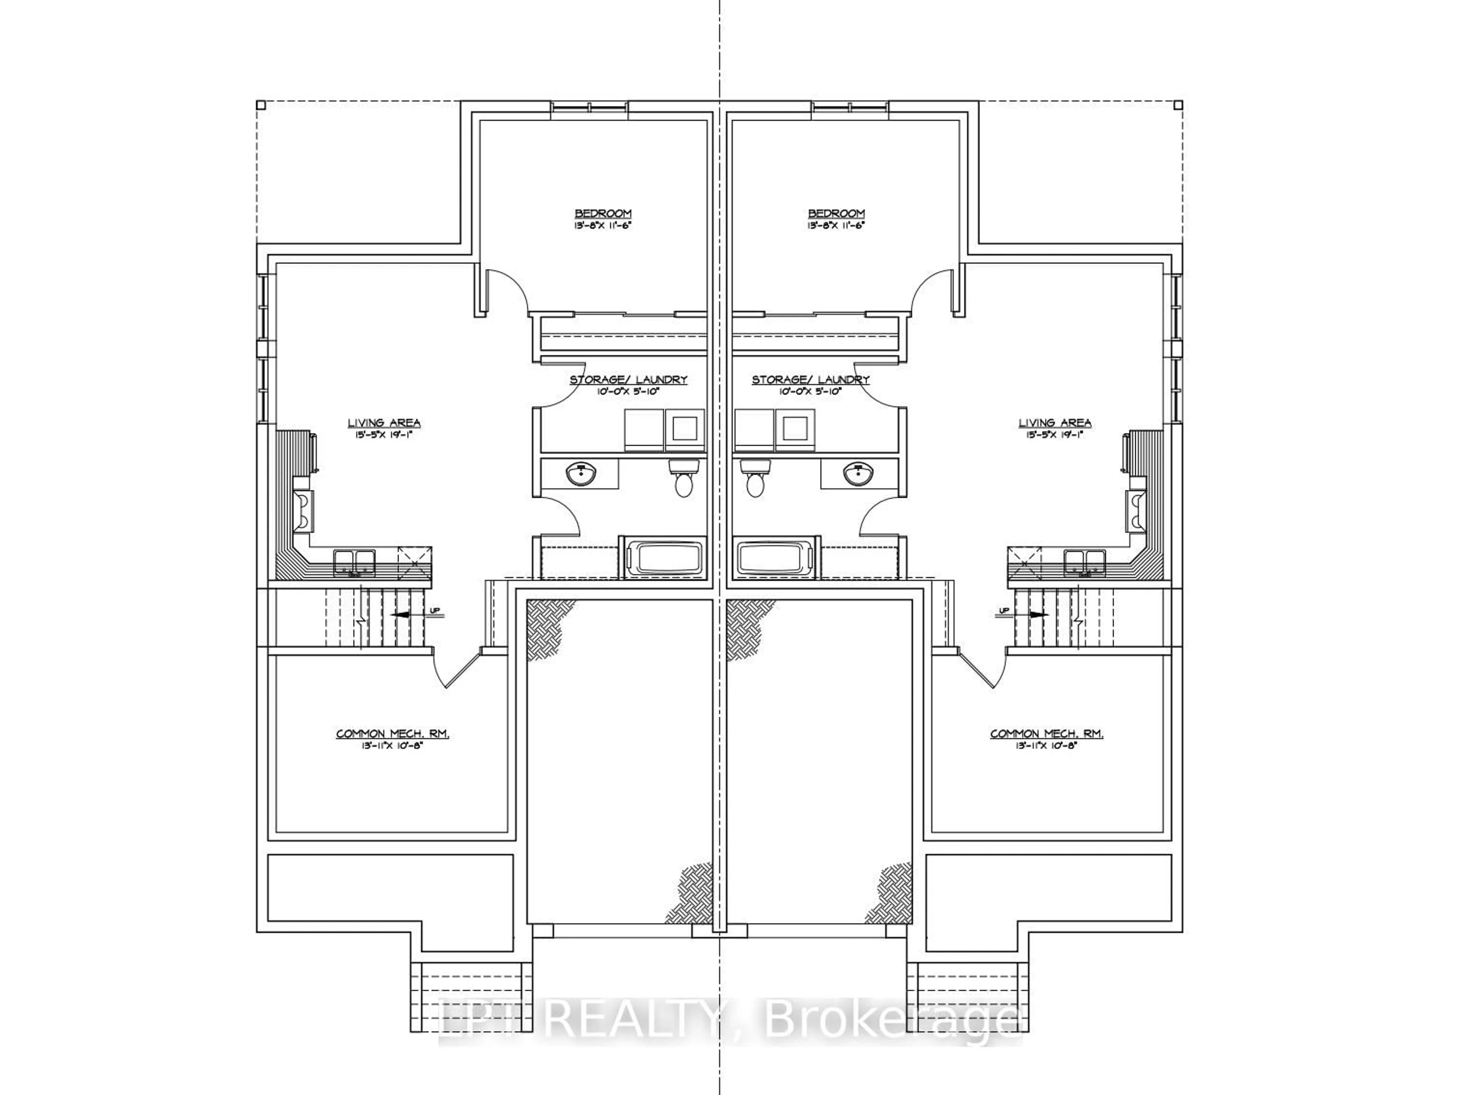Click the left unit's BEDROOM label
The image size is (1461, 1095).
[602, 213]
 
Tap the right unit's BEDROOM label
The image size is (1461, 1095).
[836, 213]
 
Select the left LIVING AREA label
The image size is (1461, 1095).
[384, 423]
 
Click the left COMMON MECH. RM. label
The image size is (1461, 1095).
[392, 734]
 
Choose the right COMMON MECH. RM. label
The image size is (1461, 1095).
[1047, 734]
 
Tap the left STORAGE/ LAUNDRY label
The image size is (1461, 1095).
[628, 380]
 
